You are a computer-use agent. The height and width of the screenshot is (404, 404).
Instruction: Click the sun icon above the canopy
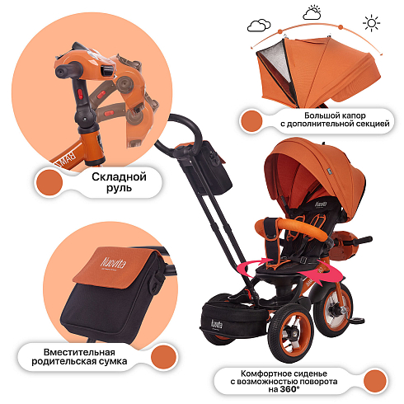(371, 23)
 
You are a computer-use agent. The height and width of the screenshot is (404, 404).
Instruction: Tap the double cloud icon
(259, 26)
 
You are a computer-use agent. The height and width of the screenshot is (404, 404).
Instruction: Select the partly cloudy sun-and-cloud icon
(312, 12)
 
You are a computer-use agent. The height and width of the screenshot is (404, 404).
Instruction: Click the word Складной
(119, 176)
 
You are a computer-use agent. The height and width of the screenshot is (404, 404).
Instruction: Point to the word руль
(119, 188)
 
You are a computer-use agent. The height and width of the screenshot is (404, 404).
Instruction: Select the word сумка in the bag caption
(113, 361)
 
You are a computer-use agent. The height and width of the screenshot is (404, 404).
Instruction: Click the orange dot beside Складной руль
(49, 182)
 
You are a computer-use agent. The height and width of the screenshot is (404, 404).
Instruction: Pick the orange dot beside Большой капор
(251, 121)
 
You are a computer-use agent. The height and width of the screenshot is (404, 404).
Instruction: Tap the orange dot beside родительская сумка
(163, 357)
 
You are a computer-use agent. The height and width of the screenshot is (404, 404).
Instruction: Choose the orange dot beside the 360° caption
(375, 381)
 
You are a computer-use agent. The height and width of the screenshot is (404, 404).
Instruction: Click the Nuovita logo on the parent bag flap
(113, 263)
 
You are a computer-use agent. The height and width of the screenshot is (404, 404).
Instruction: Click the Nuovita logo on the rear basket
(217, 324)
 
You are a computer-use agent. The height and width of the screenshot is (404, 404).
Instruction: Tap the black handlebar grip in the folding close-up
(68, 70)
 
